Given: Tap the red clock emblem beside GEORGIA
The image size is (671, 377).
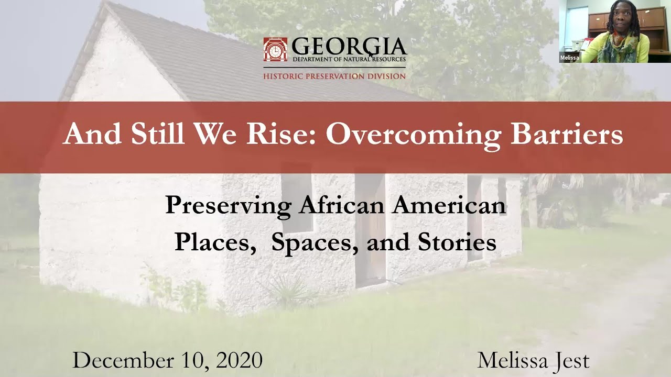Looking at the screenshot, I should coord(275,49).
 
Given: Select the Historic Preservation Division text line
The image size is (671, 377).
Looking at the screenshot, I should coord(334,76).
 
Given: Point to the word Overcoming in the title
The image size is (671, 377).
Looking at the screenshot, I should coord(413,134).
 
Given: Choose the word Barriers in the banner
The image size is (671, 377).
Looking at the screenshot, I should coord(567,134).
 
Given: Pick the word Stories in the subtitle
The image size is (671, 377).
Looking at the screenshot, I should coord(457,242).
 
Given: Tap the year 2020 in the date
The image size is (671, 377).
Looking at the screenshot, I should coord(239,361).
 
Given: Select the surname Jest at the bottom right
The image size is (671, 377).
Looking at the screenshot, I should coord(569,361).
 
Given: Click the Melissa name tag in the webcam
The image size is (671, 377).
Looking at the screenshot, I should coord(569,58).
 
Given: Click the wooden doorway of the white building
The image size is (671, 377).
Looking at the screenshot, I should coord(370,230).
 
